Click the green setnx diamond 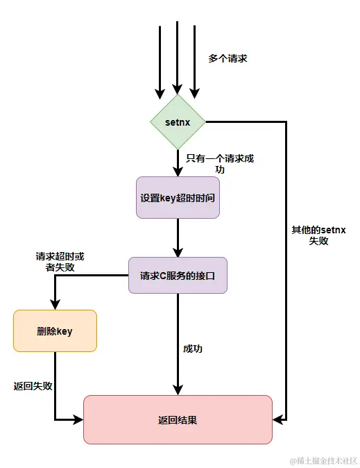coord(178,122)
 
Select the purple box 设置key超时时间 coord(178,197)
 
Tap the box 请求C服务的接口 coord(178,275)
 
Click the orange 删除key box coord(55,331)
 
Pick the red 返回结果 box coord(178,419)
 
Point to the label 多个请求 coord(228,59)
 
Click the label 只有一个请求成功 coord(220,163)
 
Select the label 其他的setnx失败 coord(319,235)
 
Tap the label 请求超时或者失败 coord(55,261)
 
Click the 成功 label coord(193,349)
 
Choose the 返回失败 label coord(33,386)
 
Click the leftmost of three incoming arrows coord(160,62)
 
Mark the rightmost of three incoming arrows coord(195,62)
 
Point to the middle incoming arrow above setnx coord(178,59)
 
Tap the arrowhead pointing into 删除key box coord(55,303)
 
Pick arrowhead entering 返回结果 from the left coord(77,419)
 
